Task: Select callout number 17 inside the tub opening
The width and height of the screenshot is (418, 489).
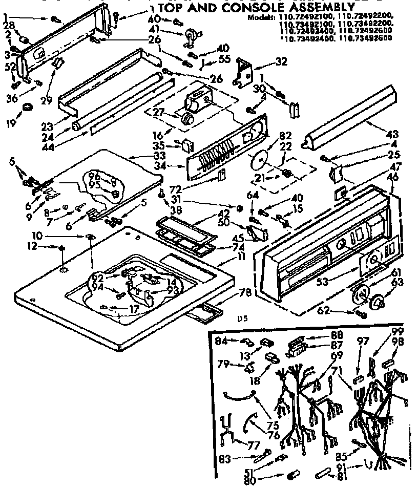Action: pyautogui.click(x=134, y=309)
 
